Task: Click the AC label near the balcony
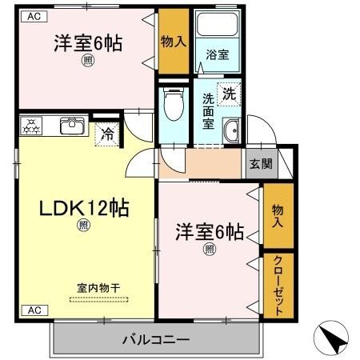pos(34,310)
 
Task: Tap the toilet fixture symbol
pos(171,104)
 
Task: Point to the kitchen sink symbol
pos(73,126)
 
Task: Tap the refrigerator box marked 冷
pos(106,134)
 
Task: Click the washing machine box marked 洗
pos(229,92)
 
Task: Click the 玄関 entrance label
pos(260,164)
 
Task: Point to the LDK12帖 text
pos(74,208)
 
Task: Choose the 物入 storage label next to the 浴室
pos(173,40)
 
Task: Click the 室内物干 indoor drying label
pos(98,288)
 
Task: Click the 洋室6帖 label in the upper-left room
pos(88,43)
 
